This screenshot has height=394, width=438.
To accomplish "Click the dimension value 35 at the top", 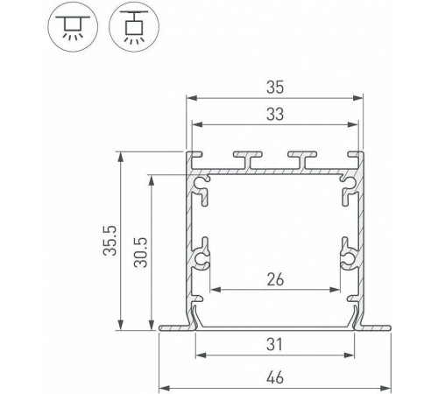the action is coord(275,88).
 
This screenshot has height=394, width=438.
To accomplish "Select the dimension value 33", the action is coord(275,114).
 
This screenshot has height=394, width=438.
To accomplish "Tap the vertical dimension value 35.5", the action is coord(110,241).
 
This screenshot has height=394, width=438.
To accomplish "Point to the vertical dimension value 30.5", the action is coord(141,253).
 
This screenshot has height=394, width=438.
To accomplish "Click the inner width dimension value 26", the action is coord(275,279).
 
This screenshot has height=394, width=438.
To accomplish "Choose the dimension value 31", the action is coord(274,344).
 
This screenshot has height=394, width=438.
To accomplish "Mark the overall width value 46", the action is coord(275,377).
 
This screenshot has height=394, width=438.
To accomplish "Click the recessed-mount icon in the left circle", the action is coord(73,27).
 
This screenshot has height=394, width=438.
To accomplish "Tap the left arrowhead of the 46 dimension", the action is coord(165,389).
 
